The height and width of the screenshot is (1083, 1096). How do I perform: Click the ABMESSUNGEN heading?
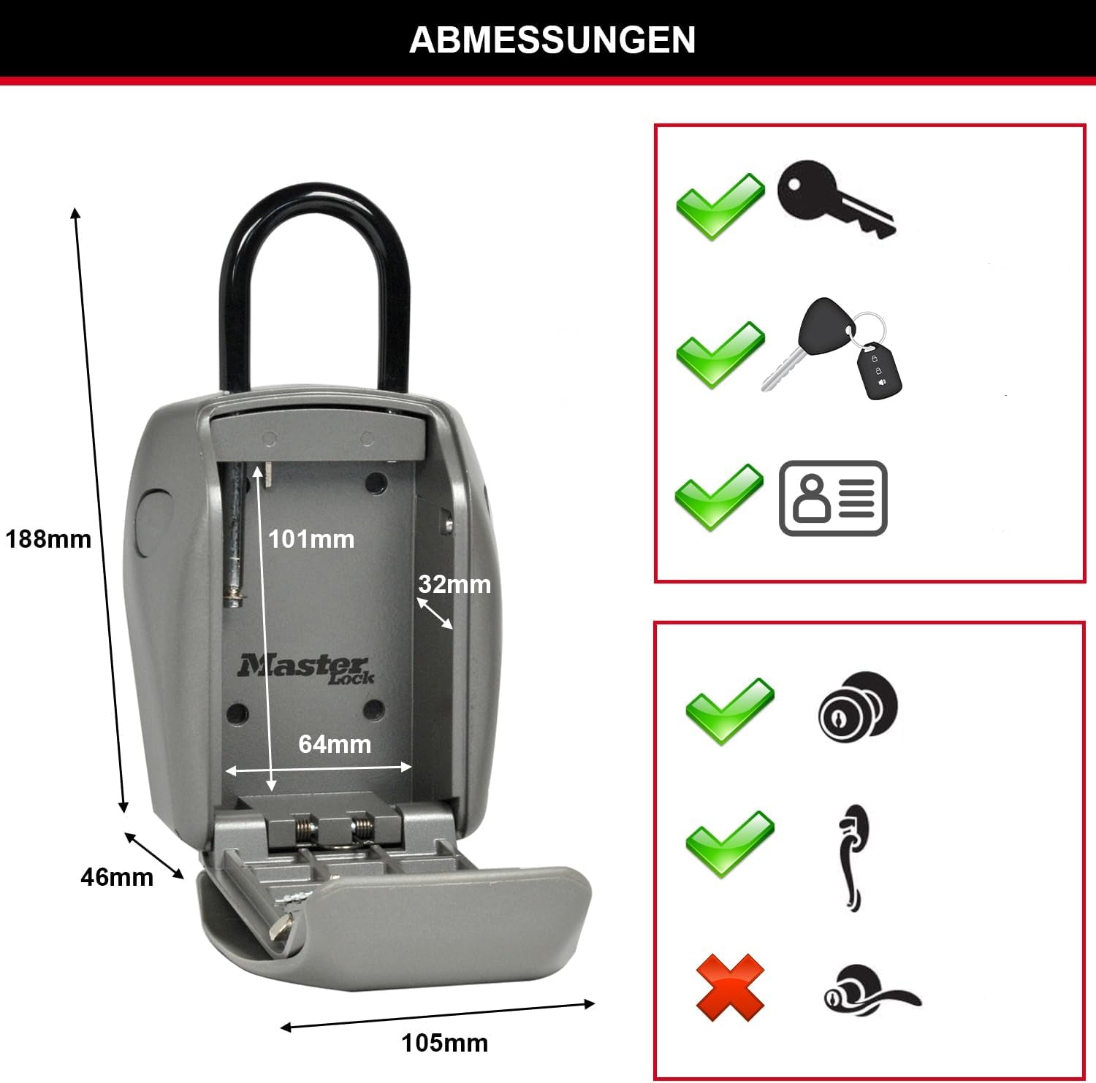coord(552,39)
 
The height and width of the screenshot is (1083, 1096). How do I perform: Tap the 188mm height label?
coord(48,539)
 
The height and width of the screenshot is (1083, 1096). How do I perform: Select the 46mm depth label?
coord(117,876)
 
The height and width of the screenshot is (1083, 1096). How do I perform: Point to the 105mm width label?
coord(444,1042)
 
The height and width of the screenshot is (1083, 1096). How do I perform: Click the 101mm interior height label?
coord(311,539)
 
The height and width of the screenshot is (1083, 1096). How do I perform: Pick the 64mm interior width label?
coord(335,743)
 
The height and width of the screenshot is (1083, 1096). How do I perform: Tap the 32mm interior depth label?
coord(454,584)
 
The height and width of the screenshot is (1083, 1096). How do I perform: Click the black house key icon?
coord(836,198)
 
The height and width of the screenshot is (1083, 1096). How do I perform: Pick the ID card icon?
coord(833,498)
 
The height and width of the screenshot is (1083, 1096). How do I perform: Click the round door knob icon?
coord(858,705)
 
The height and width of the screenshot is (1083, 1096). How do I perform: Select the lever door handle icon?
coord(871,990)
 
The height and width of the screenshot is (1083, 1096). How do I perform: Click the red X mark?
coord(730,988)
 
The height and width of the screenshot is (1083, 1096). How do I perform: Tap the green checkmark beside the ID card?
coord(719,497)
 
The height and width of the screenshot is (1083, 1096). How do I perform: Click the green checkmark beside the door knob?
coord(729,711)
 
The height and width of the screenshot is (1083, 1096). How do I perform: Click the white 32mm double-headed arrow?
coord(435,613)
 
